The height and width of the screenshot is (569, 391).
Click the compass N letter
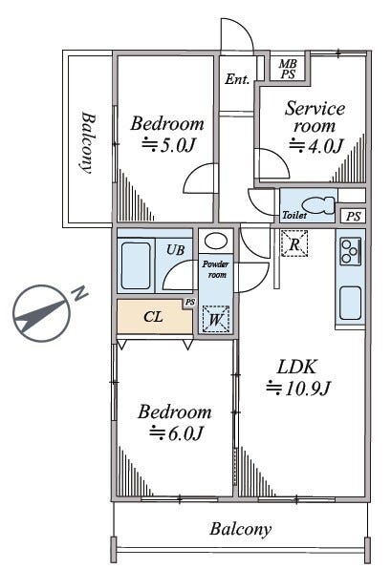tap(79, 293)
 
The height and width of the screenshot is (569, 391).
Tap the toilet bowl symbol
tap(318, 205)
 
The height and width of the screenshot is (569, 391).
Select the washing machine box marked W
tap(216, 319)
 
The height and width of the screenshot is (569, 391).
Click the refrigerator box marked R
tap(294, 243)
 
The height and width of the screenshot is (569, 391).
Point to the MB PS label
tap(288, 69)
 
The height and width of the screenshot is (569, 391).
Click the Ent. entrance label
tap(237, 79)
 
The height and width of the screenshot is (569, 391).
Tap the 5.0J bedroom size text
tap(168, 145)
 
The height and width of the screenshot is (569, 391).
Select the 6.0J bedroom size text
tap(176, 432)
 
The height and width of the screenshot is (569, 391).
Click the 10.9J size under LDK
tap(298, 389)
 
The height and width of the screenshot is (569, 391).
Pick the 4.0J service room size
tap(315, 146)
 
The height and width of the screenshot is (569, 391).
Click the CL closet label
tap(153, 317)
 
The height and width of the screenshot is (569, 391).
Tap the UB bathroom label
tap(176, 250)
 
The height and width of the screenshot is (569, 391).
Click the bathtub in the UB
tap(136, 265)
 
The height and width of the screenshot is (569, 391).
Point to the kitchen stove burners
tap(350, 251)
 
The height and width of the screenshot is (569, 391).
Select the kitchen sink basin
tap(350, 303)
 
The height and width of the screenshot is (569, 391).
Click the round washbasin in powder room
tap(216, 241)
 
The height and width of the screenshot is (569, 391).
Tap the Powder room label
tap(216, 269)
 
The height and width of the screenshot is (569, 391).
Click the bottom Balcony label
tap(240, 530)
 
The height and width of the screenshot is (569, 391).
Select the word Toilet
tap(294, 215)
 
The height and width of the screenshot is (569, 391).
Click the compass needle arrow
tap(40, 313)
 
